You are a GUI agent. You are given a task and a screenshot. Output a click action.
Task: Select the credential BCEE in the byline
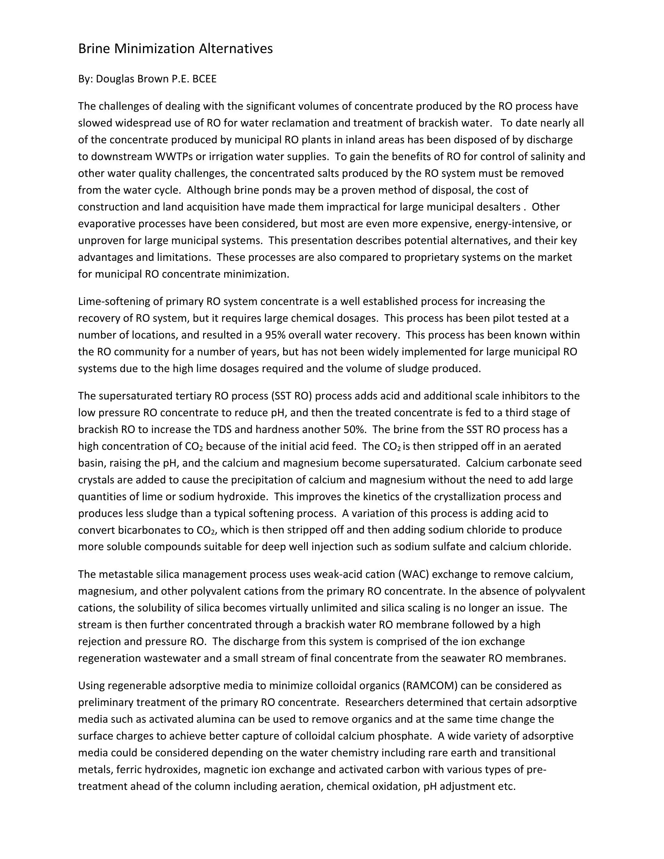click(x=205, y=79)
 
